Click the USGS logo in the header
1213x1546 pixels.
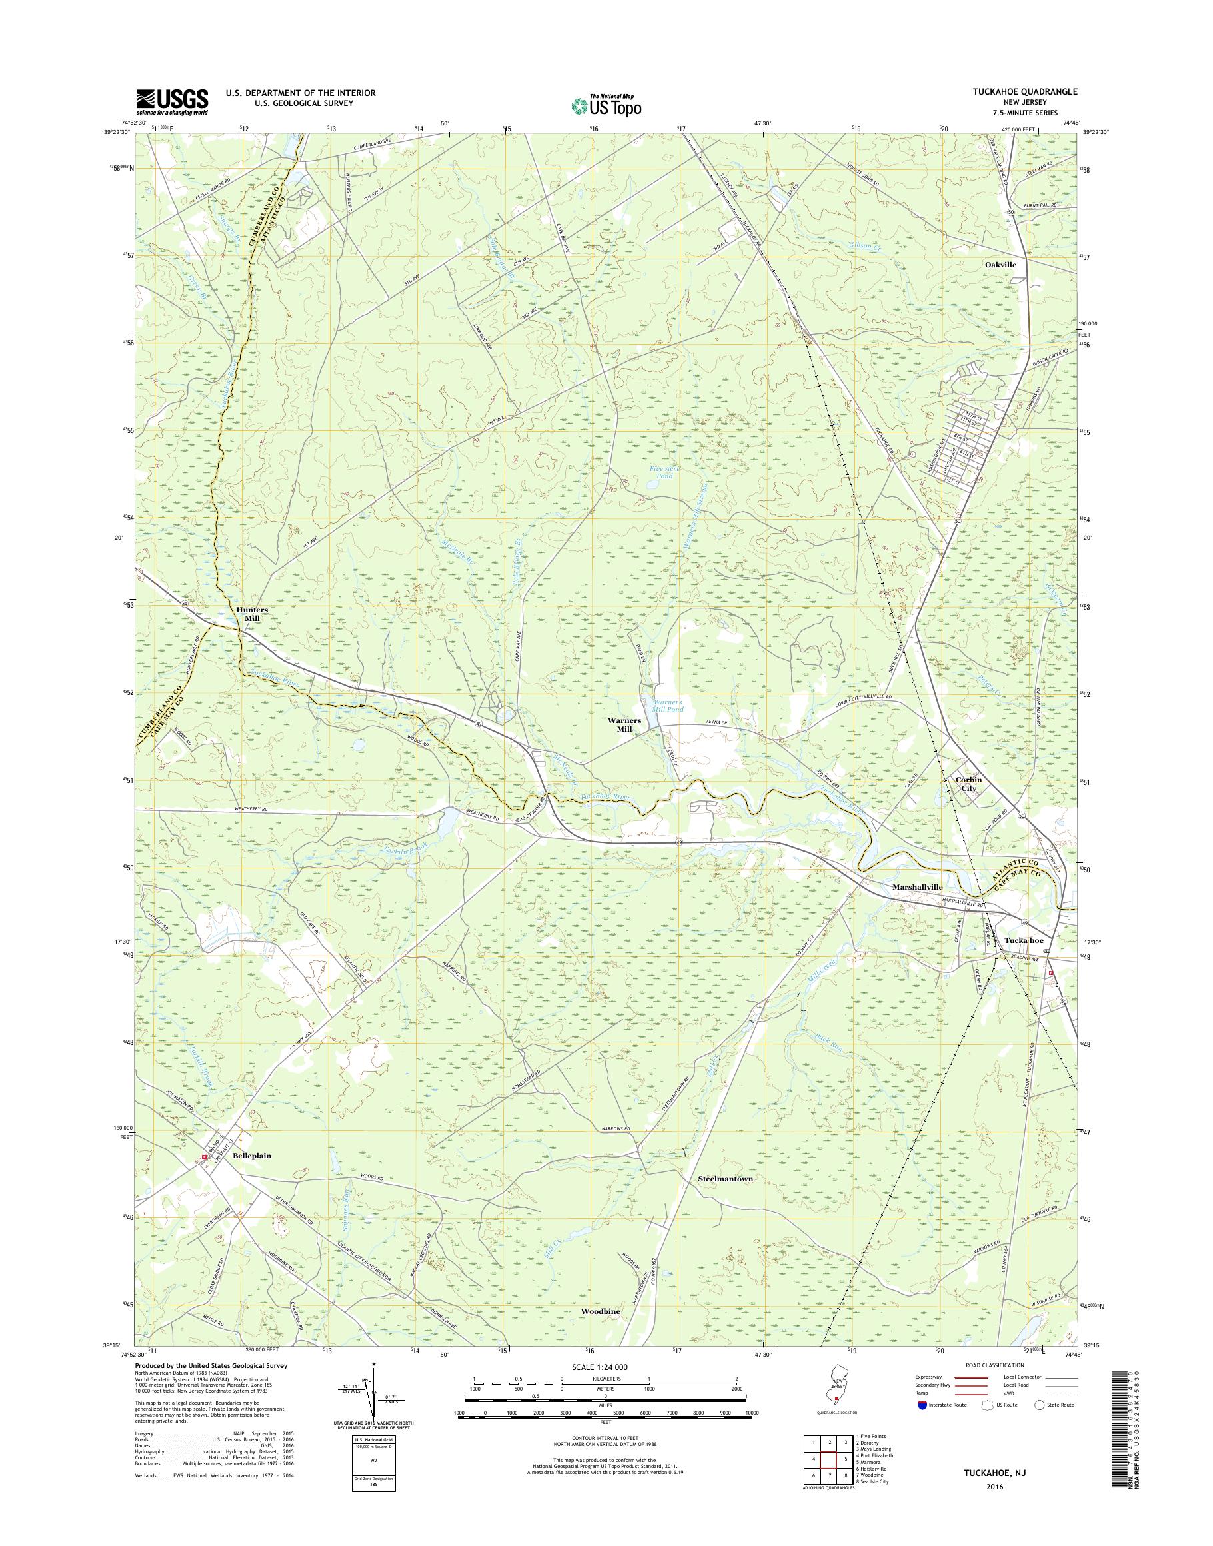(172, 101)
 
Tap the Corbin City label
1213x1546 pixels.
(968, 783)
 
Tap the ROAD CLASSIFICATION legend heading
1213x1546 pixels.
(994, 1365)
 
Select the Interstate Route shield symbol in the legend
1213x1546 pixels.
(921, 1404)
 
